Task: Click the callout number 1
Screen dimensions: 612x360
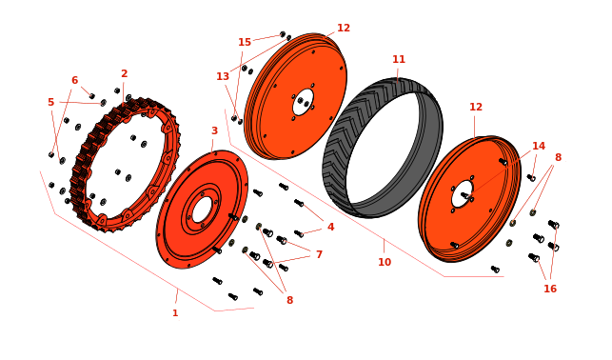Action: pyautogui.click(x=175, y=312)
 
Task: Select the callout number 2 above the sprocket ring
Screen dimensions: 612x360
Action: pyautogui.click(x=124, y=73)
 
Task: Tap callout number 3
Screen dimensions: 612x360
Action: pyautogui.click(x=214, y=130)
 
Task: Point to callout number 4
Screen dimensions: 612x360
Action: pyautogui.click(x=330, y=227)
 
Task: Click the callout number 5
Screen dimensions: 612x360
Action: pyautogui.click(x=50, y=102)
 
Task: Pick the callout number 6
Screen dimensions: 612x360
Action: pyautogui.click(x=74, y=80)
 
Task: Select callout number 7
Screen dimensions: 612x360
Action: pyautogui.click(x=319, y=254)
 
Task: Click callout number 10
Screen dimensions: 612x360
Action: pyautogui.click(x=385, y=262)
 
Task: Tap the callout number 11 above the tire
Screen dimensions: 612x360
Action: pyautogui.click(x=399, y=59)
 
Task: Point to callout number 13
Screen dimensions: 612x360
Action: pyautogui.click(x=223, y=76)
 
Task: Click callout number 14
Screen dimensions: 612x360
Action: pyautogui.click(x=539, y=146)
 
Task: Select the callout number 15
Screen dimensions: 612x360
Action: pyautogui.click(x=245, y=42)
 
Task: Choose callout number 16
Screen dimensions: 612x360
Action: pyautogui.click(x=550, y=289)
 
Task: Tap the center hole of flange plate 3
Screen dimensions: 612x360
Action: pyautogui.click(x=202, y=210)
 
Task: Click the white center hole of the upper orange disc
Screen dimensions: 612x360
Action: pyautogui.click(x=304, y=102)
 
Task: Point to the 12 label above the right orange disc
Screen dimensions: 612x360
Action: pyautogui.click(x=476, y=107)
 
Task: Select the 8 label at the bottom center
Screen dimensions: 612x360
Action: pyautogui.click(x=289, y=300)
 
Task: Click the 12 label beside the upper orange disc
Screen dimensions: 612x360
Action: pyautogui.click(x=344, y=28)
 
